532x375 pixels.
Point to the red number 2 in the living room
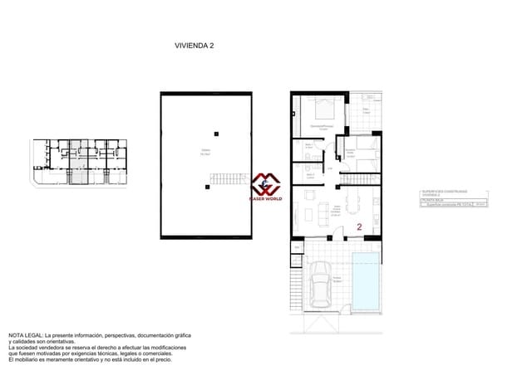point(359,226)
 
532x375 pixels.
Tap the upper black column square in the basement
point(216,133)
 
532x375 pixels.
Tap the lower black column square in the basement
point(204,187)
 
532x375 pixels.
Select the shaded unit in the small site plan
point(76,162)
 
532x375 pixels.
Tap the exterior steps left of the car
point(293,293)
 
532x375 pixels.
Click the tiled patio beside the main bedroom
point(367,112)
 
